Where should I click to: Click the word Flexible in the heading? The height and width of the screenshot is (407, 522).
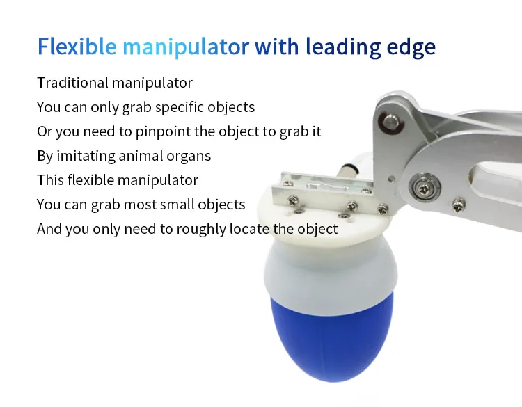coord(77,46)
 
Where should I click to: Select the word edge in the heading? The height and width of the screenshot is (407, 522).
coord(411,47)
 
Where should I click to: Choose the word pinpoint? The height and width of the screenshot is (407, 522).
coord(163,131)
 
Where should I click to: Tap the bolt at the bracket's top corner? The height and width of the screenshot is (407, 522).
coord(391,122)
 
